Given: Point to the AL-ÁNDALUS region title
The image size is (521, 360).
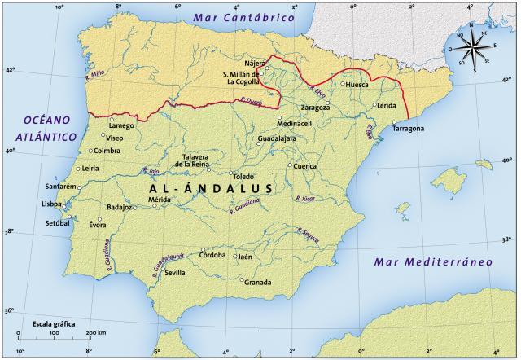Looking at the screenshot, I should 210,188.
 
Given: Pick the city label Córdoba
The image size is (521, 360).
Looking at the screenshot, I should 212,254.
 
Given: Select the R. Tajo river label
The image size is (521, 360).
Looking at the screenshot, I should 151,171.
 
